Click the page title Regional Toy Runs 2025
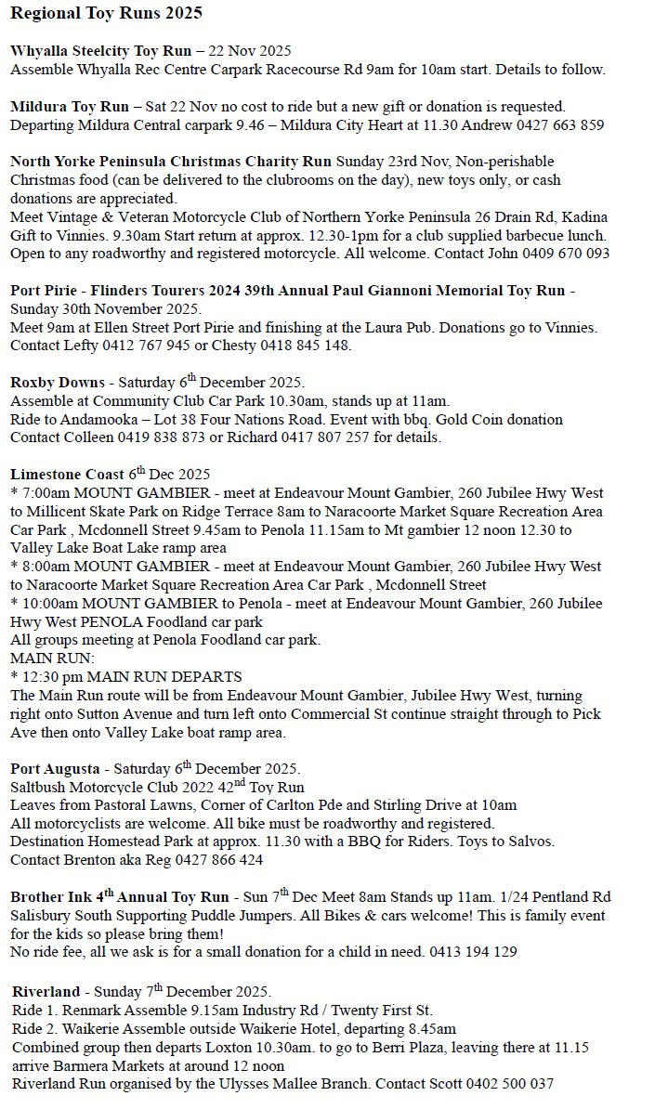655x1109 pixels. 106,14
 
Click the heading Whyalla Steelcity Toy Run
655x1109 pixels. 100,51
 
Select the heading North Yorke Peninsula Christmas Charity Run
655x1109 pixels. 171,162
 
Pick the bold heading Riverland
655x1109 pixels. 46,992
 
